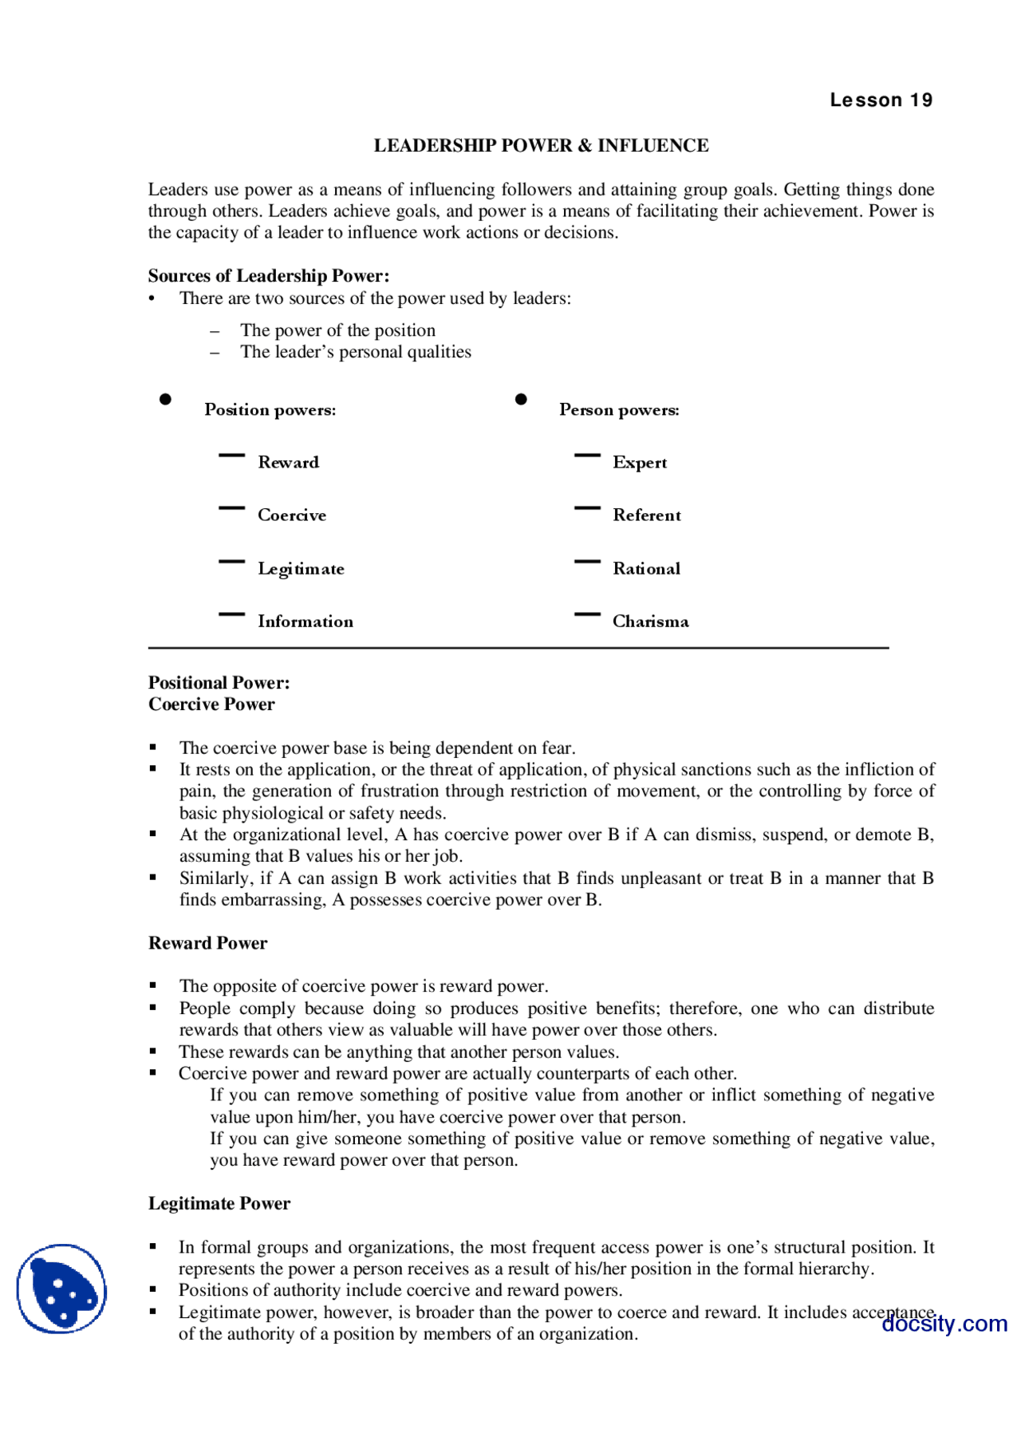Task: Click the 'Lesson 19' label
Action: tap(881, 100)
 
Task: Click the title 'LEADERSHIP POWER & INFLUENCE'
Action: tap(541, 145)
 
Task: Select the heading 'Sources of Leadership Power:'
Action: tap(269, 276)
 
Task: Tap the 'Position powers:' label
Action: tap(270, 409)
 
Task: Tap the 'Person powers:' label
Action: tap(619, 409)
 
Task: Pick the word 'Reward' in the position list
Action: tap(288, 462)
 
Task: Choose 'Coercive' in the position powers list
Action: tap(292, 515)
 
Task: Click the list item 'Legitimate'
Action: tap(301, 568)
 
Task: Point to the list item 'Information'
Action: tap(305, 621)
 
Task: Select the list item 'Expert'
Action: tap(640, 462)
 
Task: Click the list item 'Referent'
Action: tap(647, 515)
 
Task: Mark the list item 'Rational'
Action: tap(646, 568)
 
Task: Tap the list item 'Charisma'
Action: tap(650, 621)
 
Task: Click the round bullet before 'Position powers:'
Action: tap(165, 399)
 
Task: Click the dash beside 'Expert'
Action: tap(587, 456)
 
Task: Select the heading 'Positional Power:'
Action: tap(219, 682)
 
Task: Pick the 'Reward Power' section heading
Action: tap(207, 943)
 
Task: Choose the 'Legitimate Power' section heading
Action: tap(219, 1203)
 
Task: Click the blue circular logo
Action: tap(61, 1289)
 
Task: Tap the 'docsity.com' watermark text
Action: tap(944, 1324)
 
